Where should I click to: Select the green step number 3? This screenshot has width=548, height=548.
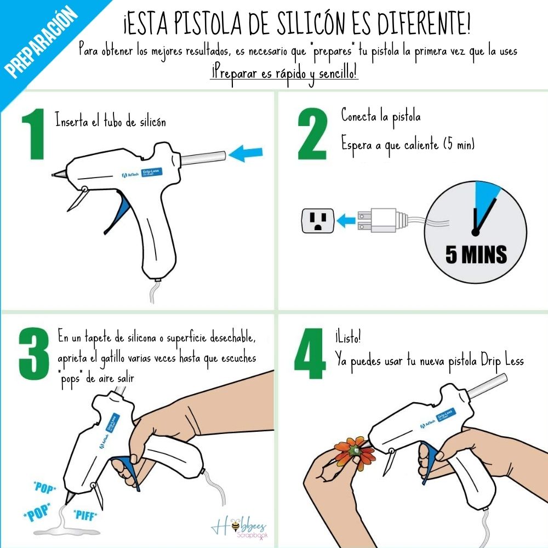(x=34, y=354)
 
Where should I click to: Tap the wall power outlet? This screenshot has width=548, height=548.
(x=316, y=221)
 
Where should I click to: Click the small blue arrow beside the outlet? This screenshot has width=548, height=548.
(x=345, y=221)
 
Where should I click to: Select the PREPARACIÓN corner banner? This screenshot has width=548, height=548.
(x=41, y=41)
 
